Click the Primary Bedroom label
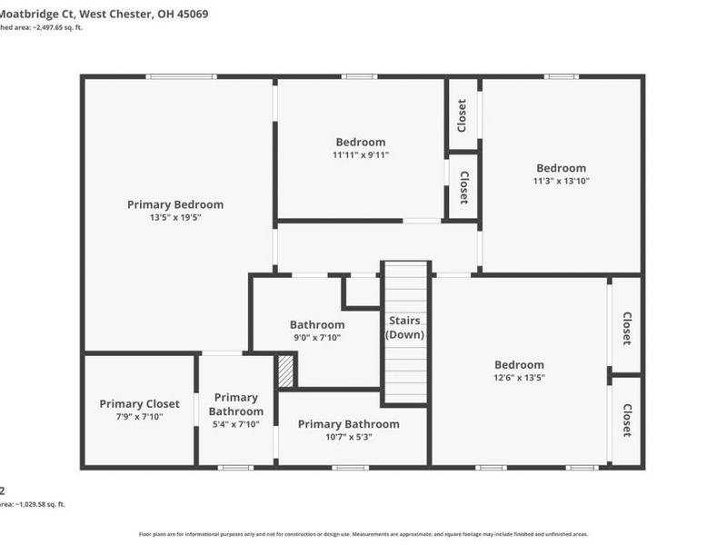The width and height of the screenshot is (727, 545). tap(174, 204)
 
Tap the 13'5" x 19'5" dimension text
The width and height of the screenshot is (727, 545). tap(174, 218)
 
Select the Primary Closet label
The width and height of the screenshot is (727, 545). tap(139, 403)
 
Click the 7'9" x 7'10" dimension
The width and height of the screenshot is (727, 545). tap(139, 417)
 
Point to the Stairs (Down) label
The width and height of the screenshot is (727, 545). tap(405, 328)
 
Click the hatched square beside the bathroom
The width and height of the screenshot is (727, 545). tap(285, 371)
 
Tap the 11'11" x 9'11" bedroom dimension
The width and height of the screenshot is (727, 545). tap(360, 155)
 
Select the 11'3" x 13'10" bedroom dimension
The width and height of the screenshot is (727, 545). tap(561, 181)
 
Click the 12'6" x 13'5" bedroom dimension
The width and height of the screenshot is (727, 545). tap(519, 378)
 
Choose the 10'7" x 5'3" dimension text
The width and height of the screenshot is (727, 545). tap(348, 437)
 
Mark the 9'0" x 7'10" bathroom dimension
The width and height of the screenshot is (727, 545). tap(316, 338)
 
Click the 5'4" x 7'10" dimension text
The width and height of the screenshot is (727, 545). tap(235, 424)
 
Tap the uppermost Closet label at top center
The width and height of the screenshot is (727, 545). tap(463, 115)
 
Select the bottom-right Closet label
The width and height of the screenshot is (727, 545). tap(626, 421)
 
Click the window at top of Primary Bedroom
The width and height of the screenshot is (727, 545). tap(175, 76)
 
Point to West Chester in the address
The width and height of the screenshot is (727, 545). tap(114, 15)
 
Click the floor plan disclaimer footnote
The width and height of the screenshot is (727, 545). tap(363, 534)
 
